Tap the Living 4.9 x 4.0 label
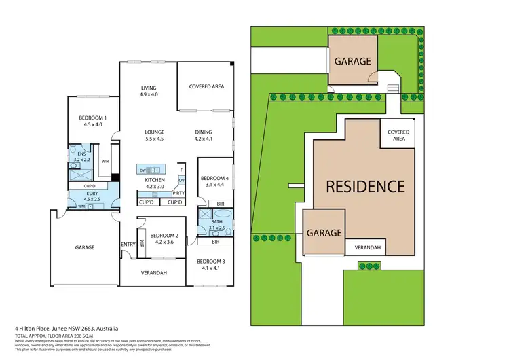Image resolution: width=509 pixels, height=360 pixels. [149, 91]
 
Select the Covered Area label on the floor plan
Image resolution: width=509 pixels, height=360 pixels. [206, 87]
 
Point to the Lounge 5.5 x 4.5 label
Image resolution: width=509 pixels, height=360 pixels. [154, 135]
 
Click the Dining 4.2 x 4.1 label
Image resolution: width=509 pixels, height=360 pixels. [204, 135]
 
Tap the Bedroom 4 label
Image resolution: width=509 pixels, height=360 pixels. [213, 181]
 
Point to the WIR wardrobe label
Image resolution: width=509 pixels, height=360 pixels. [105, 162]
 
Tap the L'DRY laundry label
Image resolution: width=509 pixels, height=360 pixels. [91, 196]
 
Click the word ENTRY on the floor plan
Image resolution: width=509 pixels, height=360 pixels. [128, 245]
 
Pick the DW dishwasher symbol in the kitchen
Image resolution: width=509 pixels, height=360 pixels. [143, 170]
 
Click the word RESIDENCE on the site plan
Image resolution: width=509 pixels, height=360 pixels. [365, 185]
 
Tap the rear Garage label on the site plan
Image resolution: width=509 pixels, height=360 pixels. [352, 61]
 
